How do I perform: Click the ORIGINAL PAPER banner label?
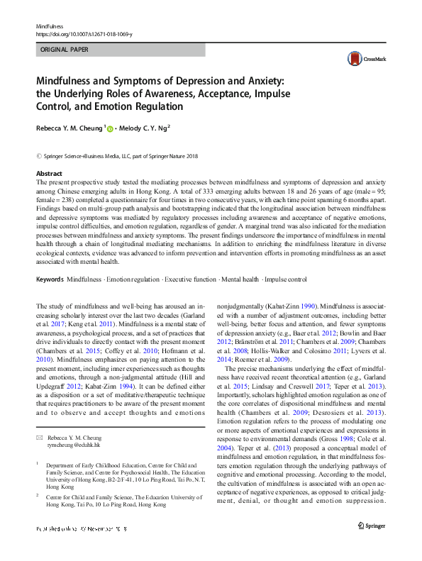coord(64,50)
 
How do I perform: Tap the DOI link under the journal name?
coord(83,34)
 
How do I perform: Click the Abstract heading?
coord(49,173)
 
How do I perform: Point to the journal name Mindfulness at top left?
coord(50,26)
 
